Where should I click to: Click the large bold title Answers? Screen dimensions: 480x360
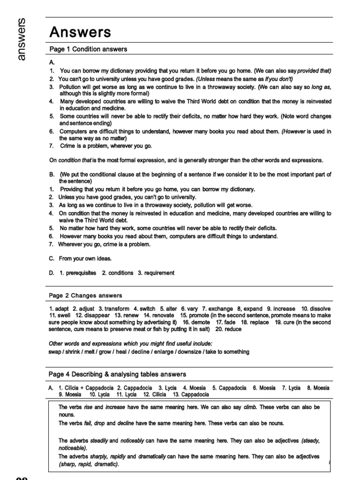click(x=81, y=32)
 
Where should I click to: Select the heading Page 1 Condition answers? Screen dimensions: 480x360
click(x=88, y=49)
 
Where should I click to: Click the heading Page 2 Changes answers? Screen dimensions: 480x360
click(x=86, y=295)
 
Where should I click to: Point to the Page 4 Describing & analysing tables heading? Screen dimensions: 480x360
click(x=118, y=374)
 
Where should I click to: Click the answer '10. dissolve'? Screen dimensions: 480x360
click(x=315, y=309)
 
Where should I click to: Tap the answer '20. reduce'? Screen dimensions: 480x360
click(x=229, y=329)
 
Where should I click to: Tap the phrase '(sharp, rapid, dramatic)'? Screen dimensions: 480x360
click(x=89, y=464)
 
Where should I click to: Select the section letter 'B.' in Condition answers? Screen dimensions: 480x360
click(x=52, y=174)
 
